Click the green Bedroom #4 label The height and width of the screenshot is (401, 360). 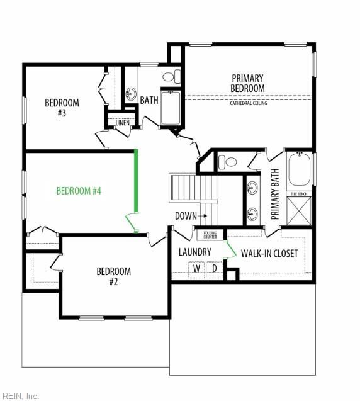(79, 191)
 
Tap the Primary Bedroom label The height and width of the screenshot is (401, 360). (247, 83)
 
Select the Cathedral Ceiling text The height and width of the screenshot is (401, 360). (249, 103)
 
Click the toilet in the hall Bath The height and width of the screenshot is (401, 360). (172, 76)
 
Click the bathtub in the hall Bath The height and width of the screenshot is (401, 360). (171, 107)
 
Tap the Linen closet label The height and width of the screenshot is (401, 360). (123, 123)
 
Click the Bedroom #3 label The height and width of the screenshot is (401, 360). (62, 108)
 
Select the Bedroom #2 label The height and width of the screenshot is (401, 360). (113, 276)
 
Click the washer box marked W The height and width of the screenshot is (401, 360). (196, 269)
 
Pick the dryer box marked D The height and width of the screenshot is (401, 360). (214, 269)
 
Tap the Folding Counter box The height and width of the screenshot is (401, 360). (210, 235)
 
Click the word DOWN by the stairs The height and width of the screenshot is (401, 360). (186, 216)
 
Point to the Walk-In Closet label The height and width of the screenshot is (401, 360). (269, 254)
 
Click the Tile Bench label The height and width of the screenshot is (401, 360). (299, 194)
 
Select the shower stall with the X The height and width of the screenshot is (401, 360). (299, 211)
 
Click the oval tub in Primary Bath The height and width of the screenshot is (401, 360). (300, 169)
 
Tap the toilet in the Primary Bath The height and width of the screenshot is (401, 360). (228, 162)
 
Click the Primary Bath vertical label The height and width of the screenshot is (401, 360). (274, 194)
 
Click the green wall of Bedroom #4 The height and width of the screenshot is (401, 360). (137, 181)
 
